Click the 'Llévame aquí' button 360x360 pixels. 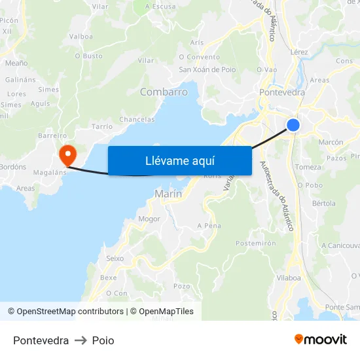tap(179, 160)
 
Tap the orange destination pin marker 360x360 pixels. tap(67, 155)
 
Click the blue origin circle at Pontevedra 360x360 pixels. tap(293, 124)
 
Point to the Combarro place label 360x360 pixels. tap(164, 92)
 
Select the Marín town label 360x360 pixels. tap(168, 194)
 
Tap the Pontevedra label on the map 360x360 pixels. tap(282, 92)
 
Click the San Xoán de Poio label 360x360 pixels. tap(207, 69)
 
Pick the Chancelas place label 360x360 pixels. tap(137, 119)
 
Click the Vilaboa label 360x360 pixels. tap(289, 278)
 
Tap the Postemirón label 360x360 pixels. tap(255, 243)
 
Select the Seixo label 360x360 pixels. tap(115, 259)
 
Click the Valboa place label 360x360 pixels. tap(81, 37)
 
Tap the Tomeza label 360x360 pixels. tap(308, 167)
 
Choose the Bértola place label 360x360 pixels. tap(323, 204)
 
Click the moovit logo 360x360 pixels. tap(321, 340)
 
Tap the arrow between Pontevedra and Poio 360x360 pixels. tap(81, 340)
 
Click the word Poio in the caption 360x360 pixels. tap(103, 340)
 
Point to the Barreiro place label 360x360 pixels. tap(52, 135)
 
